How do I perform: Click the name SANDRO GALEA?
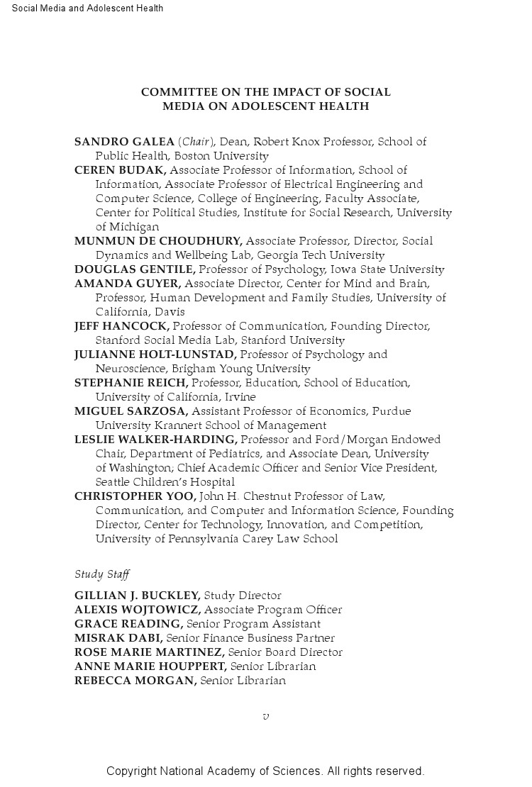coord(124,142)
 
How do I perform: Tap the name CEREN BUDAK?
coord(120,170)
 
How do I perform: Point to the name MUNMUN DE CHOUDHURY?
coord(158,241)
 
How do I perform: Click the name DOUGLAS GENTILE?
coord(135,269)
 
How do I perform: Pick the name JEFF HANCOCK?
coord(121,326)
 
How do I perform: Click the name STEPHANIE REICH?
coord(131,383)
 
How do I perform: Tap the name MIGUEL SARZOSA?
coord(131,411)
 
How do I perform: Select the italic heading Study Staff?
coord(102,575)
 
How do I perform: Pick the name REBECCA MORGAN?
coord(135,681)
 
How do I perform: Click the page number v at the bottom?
coord(266,716)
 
